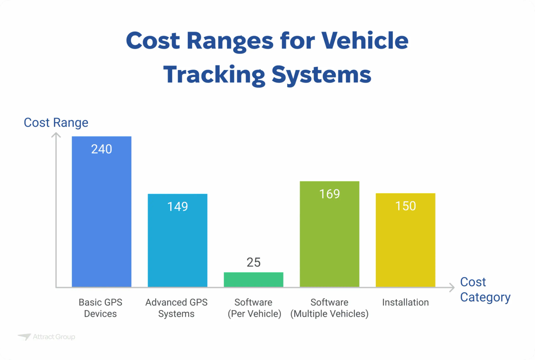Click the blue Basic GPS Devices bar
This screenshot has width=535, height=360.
[102, 212]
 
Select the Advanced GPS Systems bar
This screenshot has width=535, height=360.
[177, 241]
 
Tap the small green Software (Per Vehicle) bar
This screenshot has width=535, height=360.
[254, 279]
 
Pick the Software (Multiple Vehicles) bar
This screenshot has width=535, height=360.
[329, 234]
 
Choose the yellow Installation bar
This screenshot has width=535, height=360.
[406, 240]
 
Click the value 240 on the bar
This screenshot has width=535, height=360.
[102, 149]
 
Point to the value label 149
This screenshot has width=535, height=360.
[177, 207]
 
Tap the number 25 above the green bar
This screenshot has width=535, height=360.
[254, 262]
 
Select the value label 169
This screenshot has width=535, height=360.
[329, 194]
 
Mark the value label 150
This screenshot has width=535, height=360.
[406, 206]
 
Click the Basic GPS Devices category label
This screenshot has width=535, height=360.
[100, 308]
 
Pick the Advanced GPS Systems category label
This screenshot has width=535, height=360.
[177, 308]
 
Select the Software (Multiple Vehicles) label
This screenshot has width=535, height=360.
[329, 308]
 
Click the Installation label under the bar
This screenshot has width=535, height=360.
[405, 303]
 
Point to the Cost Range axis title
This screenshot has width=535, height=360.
[56, 123]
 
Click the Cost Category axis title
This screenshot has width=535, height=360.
[485, 290]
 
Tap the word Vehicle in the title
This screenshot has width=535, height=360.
[365, 41]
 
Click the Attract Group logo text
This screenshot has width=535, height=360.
[54, 337]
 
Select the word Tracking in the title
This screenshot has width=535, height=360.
[214, 74]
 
